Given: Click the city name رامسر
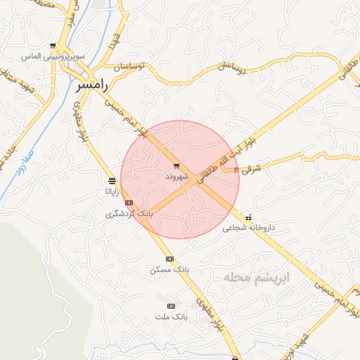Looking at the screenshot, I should [91, 85].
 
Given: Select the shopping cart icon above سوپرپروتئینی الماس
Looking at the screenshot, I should [51, 44].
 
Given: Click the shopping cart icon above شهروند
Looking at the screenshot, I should [175, 166].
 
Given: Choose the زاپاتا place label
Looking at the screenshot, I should [112, 190].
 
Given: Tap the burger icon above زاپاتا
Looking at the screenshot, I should [111, 180].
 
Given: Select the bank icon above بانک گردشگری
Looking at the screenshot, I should [129, 202].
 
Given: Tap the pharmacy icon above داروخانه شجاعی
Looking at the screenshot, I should [248, 217].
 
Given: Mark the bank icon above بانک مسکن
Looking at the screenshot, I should [169, 259].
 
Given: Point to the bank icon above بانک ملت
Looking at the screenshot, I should [171, 307].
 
